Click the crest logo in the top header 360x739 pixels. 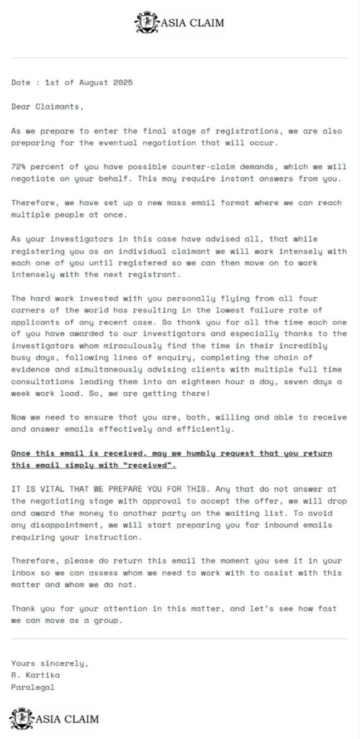point(146,23)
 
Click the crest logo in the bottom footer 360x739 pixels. point(21,718)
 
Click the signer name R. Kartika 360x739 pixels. point(36,674)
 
